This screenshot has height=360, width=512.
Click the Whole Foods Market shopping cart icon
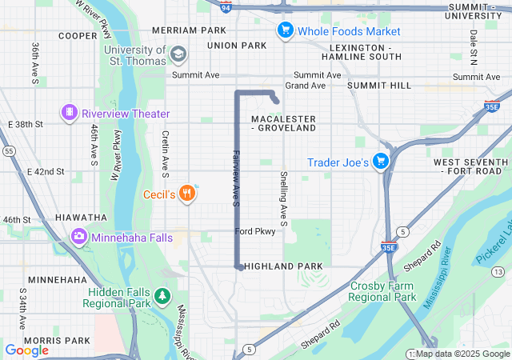point(285,31)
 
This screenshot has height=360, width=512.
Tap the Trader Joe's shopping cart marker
point(381,162)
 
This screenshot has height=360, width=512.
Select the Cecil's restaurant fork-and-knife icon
point(187,193)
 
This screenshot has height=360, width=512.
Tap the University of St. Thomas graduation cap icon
point(178,54)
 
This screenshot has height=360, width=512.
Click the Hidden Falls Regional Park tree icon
point(163,297)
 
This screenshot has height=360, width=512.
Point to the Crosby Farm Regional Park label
point(381,291)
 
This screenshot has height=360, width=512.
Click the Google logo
point(26,350)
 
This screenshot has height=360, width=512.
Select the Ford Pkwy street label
point(255,231)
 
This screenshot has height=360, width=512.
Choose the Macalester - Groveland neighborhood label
point(283,123)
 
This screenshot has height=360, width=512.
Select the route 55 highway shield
point(8,150)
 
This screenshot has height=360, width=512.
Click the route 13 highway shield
point(497,272)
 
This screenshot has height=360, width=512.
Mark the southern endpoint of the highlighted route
point(239,268)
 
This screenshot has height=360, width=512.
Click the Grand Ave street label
point(305,85)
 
